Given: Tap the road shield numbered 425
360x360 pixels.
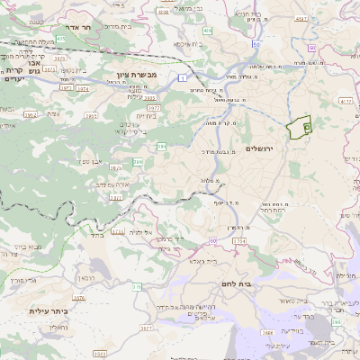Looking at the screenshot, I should tap(59, 40).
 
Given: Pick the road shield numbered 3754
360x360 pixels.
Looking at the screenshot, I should tap(238, 241).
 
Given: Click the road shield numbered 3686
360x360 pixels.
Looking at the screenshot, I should tap(268, 332).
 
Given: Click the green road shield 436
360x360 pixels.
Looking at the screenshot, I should tap(207, 31).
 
